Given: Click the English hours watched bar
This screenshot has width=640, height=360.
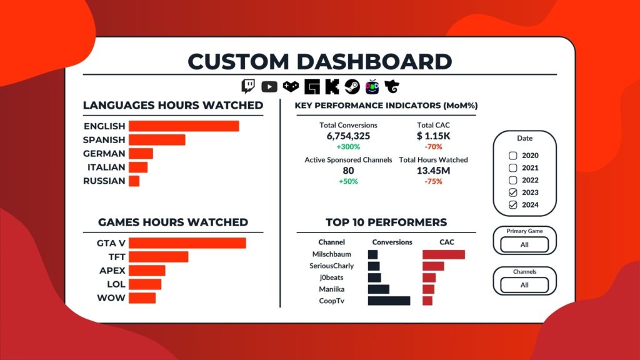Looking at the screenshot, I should click(184, 126).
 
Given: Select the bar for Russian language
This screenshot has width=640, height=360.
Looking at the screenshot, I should click(134, 181).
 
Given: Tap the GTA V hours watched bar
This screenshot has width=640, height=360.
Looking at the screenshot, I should click(187, 243).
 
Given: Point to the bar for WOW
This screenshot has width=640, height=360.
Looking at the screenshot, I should click(142, 298).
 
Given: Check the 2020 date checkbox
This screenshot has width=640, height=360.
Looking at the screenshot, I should click(513, 156).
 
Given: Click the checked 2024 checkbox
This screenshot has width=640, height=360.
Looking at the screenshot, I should click(513, 205).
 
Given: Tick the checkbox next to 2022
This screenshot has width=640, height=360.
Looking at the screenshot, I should click(513, 181).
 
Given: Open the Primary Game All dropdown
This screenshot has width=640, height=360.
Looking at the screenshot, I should click(524, 244).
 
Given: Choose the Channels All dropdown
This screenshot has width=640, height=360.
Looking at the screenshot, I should click(524, 285).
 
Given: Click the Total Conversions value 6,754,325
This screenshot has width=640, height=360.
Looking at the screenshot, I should click(348, 136).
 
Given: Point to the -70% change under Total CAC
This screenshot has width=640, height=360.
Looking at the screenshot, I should click(433, 147).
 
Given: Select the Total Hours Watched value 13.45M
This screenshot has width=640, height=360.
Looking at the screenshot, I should click(433, 171).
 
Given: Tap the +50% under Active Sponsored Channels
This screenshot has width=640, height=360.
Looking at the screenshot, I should click(348, 181).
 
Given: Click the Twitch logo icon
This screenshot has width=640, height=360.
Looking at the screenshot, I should click(248, 87).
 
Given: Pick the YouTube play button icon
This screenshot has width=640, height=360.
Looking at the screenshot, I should click(269, 87).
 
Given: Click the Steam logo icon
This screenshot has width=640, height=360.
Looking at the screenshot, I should click(352, 87).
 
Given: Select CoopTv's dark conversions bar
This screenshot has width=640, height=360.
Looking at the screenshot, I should click(389, 301).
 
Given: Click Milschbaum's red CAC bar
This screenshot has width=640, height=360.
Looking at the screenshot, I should click(444, 254).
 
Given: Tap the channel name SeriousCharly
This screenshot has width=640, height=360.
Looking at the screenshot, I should click(331, 266).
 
